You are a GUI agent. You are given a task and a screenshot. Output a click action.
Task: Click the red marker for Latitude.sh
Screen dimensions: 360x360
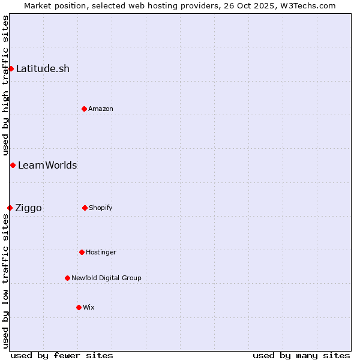click(x=11, y=68)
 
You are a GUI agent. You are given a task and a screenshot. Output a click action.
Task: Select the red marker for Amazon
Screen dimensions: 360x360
click(x=84, y=109)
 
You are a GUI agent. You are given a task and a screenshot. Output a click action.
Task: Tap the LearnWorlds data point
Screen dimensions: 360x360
click(x=13, y=165)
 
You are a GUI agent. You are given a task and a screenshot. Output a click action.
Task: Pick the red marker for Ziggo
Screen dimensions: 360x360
click(x=10, y=208)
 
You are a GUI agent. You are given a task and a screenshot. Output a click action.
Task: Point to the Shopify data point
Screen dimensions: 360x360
click(x=85, y=208)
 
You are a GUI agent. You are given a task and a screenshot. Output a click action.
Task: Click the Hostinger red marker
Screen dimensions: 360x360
click(x=82, y=252)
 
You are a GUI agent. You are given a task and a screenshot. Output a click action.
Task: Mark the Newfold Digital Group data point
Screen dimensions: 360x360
click(x=67, y=278)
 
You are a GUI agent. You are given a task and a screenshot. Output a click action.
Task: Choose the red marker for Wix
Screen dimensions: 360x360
click(x=79, y=307)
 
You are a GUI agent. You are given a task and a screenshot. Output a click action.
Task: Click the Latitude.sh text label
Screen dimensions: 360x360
click(x=43, y=68)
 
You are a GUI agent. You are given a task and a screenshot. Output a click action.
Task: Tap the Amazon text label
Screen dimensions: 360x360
click(x=101, y=109)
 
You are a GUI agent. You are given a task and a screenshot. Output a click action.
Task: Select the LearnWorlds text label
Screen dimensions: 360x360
click(x=47, y=165)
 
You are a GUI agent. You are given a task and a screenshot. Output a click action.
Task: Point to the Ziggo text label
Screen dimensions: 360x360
click(x=28, y=208)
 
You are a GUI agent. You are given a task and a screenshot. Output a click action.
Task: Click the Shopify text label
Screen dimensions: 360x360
click(x=101, y=208)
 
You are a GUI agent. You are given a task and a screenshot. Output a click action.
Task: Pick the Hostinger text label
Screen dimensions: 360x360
click(x=101, y=252)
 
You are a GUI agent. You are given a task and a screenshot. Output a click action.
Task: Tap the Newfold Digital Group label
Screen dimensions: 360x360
click(x=106, y=278)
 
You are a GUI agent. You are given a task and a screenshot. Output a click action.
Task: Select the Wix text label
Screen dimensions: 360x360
click(x=89, y=307)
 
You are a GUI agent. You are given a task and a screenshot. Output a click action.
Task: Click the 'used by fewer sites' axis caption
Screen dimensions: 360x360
click(x=62, y=355)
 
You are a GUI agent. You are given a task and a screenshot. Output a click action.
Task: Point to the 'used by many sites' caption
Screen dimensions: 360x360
click(x=301, y=355)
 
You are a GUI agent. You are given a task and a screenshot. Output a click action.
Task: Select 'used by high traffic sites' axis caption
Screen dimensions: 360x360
click(x=5, y=84)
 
